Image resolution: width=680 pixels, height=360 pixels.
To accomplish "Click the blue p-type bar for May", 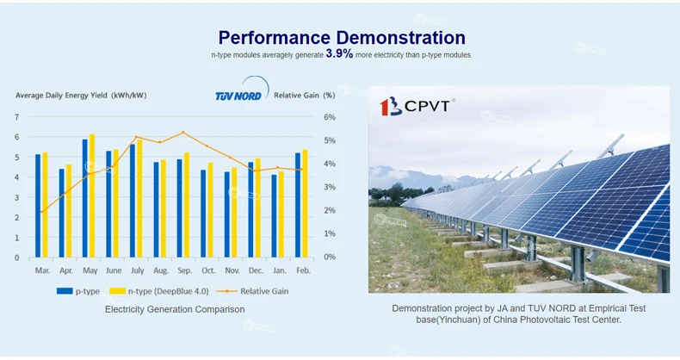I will (x=84, y=198).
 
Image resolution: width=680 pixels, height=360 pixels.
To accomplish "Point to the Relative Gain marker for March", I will (x=41, y=212).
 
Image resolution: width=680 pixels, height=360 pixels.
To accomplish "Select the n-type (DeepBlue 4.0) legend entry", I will (x=160, y=291).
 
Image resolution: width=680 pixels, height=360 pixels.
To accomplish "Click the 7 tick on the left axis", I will (x=16, y=116).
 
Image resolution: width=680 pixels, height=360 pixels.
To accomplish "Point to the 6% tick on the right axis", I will (x=330, y=116).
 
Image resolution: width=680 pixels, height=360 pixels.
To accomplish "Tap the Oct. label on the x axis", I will (x=207, y=270).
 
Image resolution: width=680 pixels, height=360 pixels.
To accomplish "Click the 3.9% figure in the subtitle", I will (x=339, y=53).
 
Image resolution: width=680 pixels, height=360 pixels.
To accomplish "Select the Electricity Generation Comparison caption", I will (x=175, y=309).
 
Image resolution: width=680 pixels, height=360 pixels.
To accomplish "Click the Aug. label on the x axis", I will (x=161, y=270).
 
